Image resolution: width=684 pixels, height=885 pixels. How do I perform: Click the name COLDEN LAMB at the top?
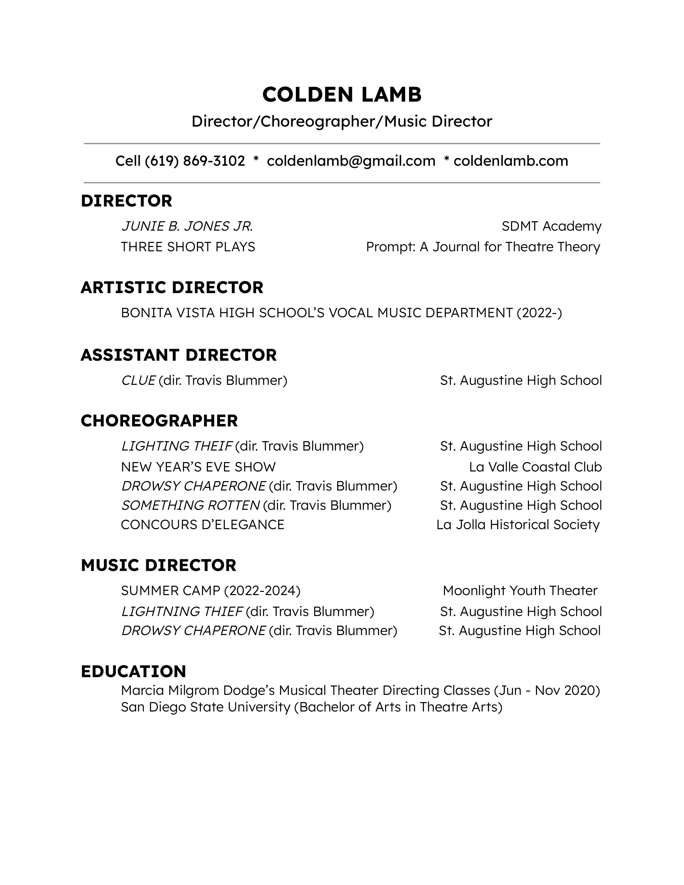[342, 95]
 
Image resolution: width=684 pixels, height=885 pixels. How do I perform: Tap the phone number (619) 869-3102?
[195, 161]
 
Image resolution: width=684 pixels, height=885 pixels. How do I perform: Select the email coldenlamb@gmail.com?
[351, 161]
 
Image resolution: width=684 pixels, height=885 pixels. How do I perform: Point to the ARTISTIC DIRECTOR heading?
[172, 288]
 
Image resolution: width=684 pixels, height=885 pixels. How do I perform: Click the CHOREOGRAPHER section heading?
[159, 421]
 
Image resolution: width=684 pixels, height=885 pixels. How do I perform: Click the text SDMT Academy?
[551, 226]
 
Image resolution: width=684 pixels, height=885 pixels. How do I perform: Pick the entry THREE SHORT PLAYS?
[188, 247]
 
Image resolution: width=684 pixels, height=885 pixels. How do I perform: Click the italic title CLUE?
[138, 381]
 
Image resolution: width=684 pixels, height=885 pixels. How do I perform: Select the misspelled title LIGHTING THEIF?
[177, 446]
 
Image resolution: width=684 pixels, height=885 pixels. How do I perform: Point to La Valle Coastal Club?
[535, 467]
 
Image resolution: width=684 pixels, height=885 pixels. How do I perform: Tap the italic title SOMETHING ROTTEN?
[190, 505]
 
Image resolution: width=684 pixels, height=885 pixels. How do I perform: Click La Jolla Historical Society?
[518, 525]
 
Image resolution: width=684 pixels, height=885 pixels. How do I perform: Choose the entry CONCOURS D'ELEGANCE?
[203, 525]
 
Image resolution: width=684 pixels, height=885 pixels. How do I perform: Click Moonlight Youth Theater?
[520, 591]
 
